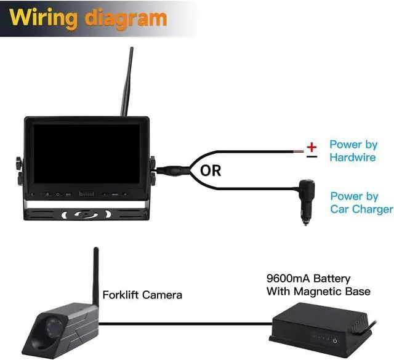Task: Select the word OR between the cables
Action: coord(211,170)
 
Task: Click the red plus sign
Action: coord(312,146)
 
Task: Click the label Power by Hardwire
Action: coord(353,151)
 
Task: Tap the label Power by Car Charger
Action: coord(361,203)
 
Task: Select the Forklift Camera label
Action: coord(142,295)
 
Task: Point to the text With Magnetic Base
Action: coord(318,291)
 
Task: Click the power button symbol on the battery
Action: coord(335,340)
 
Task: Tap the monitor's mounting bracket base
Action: coord(86,215)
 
